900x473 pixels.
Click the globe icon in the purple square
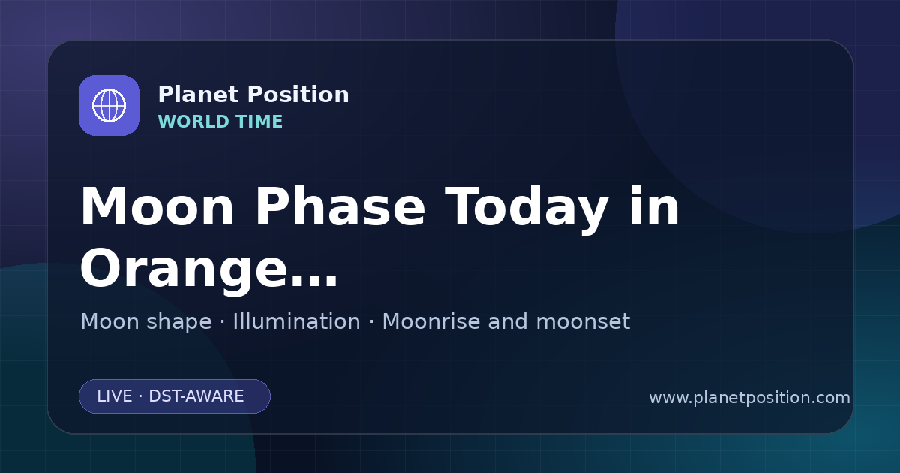coord(109,105)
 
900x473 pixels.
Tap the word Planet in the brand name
coord(199,95)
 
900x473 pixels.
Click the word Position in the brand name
coord(298,95)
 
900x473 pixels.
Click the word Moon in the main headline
coord(157,207)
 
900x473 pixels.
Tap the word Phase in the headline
coord(340,207)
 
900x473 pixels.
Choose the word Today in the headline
coord(526,209)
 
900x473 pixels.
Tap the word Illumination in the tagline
coord(296,321)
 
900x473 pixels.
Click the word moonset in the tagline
coord(583,322)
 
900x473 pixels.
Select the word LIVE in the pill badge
coord(115,396)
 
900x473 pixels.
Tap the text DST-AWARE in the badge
coord(196,396)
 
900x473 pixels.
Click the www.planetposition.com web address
coord(749,398)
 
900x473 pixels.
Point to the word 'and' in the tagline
coord(508,321)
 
